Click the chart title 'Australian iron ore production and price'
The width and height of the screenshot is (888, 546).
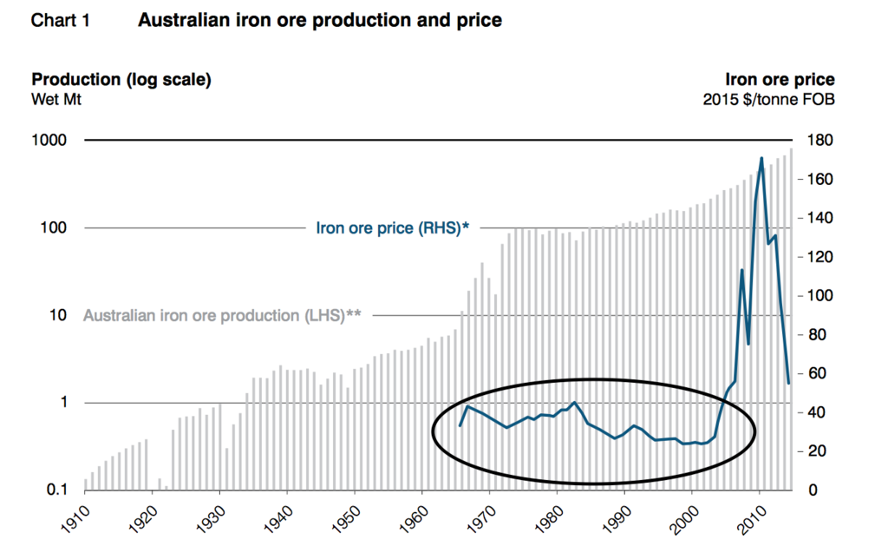click(x=319, y=20)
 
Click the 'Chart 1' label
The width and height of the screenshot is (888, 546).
click(x=60, y=20)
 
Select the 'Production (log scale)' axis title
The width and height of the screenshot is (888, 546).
click(x=121, y=80)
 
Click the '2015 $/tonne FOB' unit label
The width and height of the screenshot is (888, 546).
click(x=768, y=99)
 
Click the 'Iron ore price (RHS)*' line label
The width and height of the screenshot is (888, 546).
click(x=393, y=228)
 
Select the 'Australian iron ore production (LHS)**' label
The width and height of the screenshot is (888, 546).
click(x=222, y=316)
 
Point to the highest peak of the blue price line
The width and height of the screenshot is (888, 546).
click(x=761, y=159)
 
